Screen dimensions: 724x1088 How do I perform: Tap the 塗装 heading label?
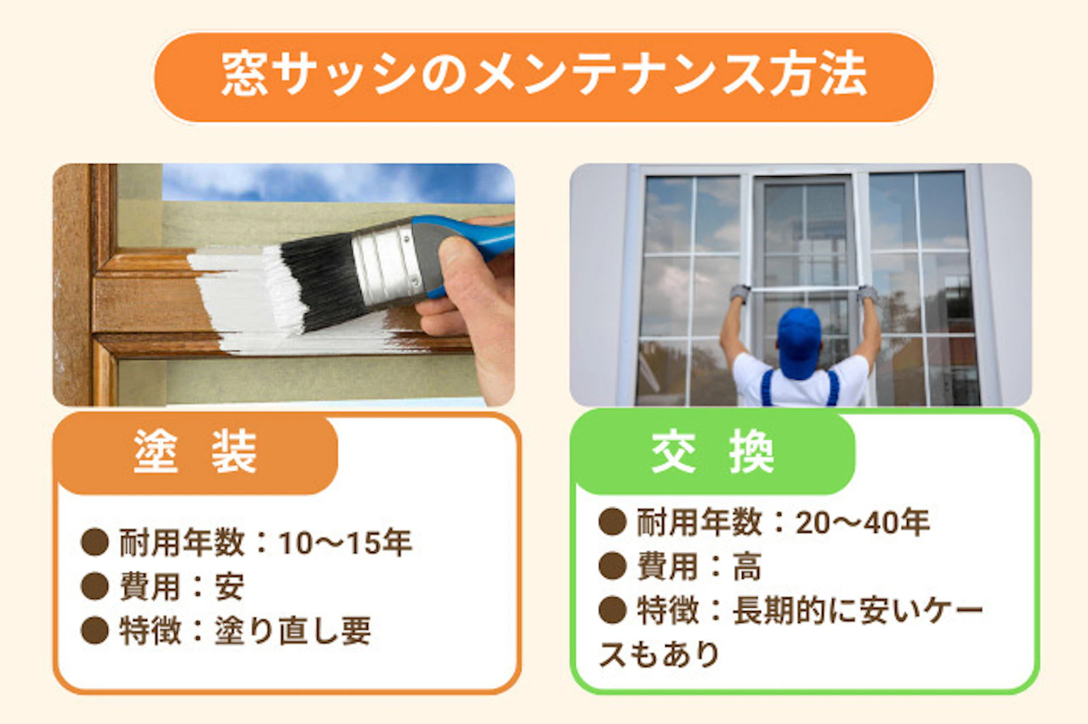[x=195, y=452]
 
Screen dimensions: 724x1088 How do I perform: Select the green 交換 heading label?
[x=712, y=452]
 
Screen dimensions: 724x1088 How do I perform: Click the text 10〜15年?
[x=345, y=543]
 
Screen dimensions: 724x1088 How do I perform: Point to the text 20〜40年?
[x=862, y=522]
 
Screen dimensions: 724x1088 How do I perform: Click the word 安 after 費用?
[x=229, y=586]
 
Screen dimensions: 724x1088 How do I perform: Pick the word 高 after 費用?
[x=747, y=566]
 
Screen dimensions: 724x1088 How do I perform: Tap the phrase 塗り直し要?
[x=292, y=631]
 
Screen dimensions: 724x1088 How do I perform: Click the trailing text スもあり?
[x=659, y=654]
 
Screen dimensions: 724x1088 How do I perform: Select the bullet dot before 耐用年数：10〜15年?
[x=95, y=542]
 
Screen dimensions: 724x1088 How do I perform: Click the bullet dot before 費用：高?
[x=612, y=566]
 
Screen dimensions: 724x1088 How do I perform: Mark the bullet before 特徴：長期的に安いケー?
[x=612, y=610]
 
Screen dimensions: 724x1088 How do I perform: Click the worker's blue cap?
[x=799, y=340]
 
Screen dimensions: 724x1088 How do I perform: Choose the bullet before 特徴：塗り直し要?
[x=95, y=631]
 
